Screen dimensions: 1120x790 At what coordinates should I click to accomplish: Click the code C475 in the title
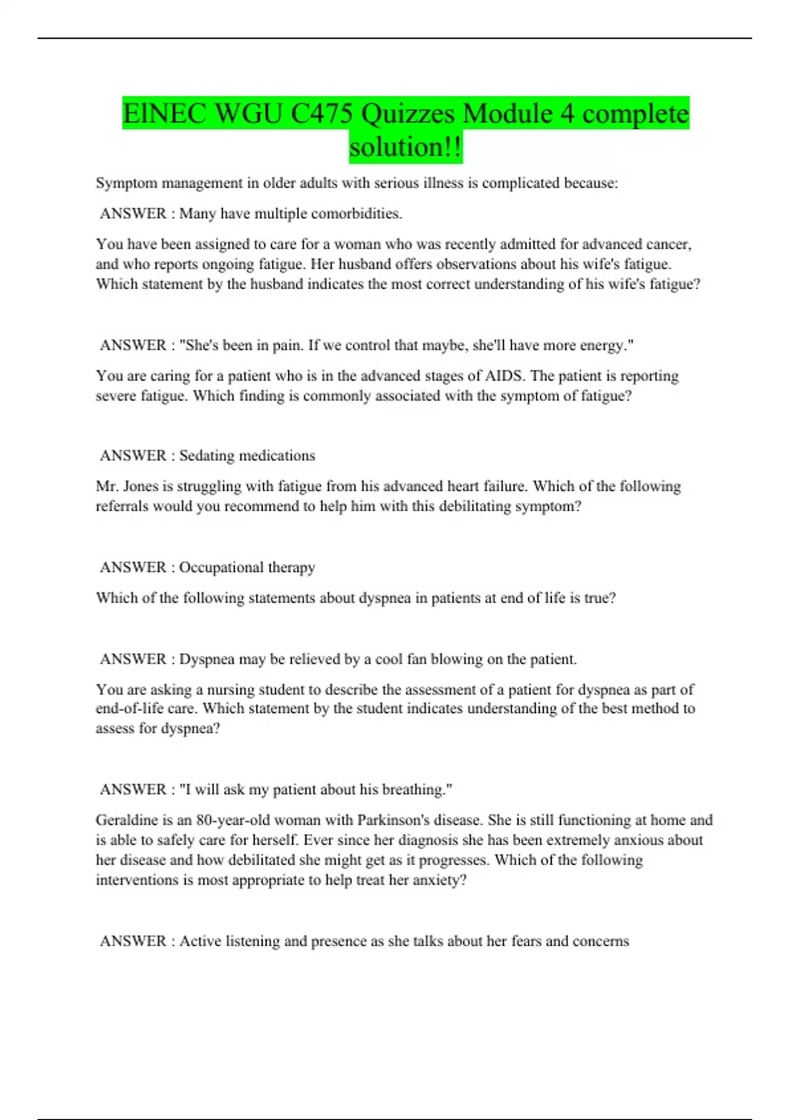(321, 114)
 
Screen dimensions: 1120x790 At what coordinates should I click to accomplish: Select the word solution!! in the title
(406, 147)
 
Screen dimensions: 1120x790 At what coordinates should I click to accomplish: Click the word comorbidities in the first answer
(356, 213)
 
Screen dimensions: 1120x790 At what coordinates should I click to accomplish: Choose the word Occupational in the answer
(221, 567)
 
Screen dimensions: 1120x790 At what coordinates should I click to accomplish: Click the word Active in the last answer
(200, 941)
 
